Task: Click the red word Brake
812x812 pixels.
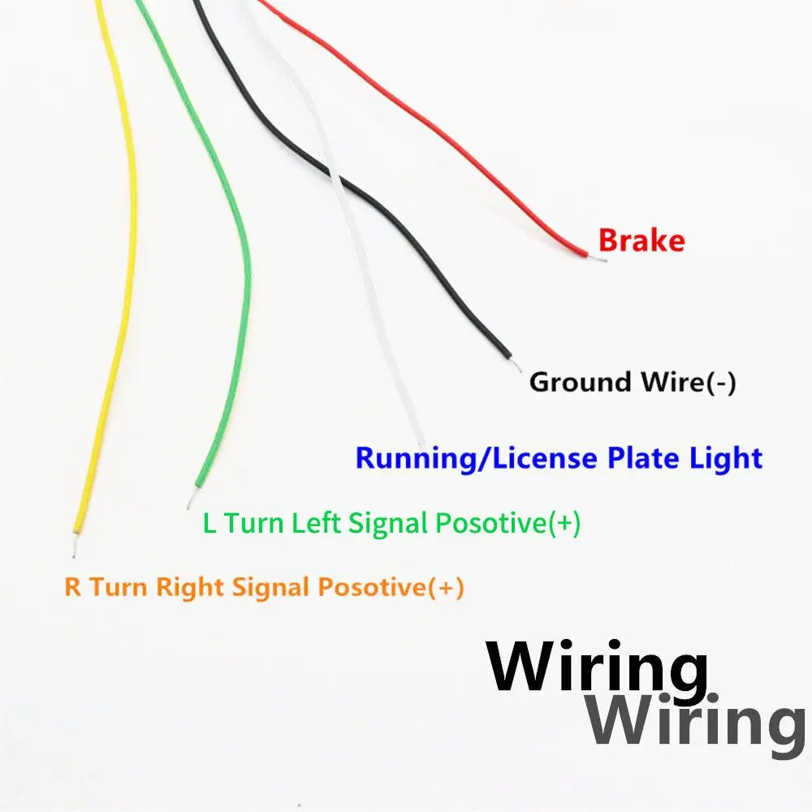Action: click(641, 241)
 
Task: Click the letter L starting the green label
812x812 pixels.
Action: click(209, 525)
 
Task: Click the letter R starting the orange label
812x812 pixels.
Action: click(73, 587)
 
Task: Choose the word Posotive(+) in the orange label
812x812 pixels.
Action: click(391, 587)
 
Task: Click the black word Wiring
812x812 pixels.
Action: click(597, 668)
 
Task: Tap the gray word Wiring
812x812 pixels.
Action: click(695, 719)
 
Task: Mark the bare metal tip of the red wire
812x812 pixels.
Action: click(602, 261)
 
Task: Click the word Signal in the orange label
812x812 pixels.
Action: click(271, 588)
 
